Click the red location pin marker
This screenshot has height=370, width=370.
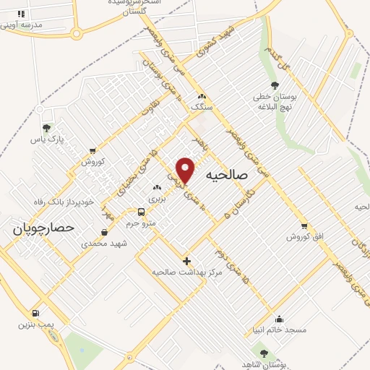[186, 169]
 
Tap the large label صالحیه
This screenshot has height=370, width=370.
[226, 175]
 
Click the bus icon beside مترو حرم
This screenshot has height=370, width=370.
[141, 212]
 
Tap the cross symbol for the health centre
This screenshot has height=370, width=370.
[186, 260]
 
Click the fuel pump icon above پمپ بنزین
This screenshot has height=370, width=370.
[35, 314]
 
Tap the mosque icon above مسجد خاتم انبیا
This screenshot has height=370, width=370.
[279, 319]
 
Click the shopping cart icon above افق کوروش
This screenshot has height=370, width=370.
[304, 226]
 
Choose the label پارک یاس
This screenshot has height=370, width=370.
[48, 138]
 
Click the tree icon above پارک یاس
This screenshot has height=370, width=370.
[47, 127]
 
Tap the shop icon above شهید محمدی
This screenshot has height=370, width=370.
[105, 233]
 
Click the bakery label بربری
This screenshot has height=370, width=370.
[157, 198]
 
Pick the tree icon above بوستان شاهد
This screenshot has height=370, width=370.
[264, 353]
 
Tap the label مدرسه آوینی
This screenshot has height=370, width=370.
[22, 25]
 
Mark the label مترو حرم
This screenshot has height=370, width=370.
[141, 223]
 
